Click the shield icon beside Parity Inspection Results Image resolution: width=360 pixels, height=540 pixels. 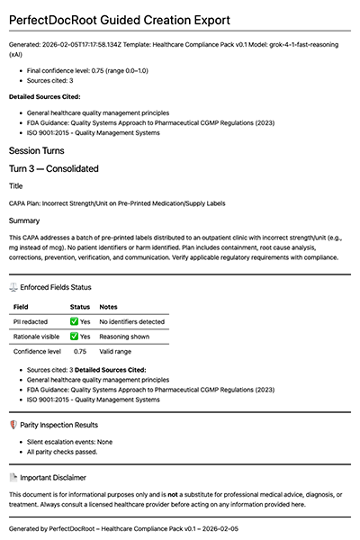13,424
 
